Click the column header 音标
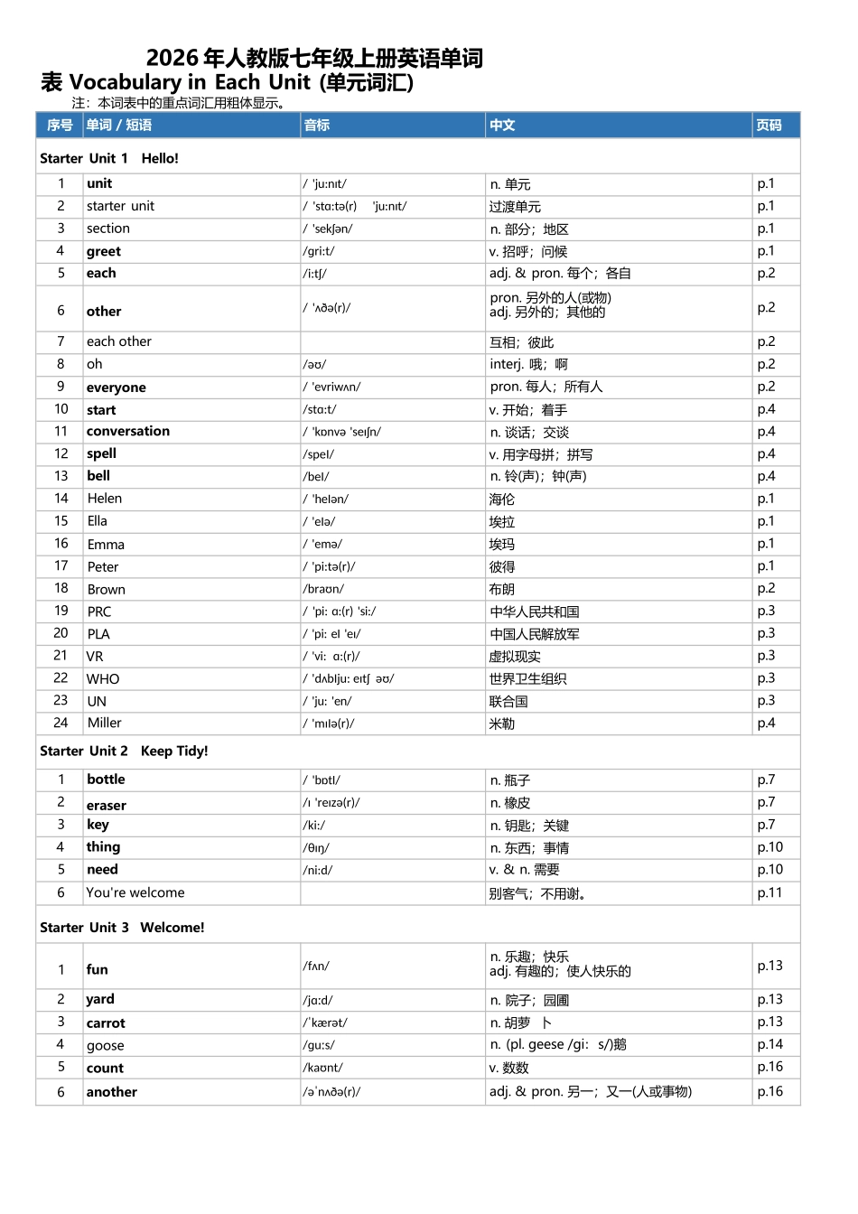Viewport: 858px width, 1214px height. click(317, 126)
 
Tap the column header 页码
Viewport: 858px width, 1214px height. click(769, 126)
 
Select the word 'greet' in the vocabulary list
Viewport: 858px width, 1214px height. click(104, 251)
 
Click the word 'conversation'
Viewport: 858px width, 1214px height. click(128, 431)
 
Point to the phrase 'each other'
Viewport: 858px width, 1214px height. click(119, 341)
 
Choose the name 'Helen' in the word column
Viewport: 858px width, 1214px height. click(105, 499)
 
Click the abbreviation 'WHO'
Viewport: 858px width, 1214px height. click(103, 678)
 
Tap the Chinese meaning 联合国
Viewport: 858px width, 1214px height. click(508, 701)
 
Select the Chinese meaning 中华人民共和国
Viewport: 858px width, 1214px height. click(535, 612)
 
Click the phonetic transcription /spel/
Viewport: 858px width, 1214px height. click(319, 454)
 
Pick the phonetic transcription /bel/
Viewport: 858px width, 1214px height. click(316, 476)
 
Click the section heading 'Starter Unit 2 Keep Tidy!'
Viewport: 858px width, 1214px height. click(124, 751)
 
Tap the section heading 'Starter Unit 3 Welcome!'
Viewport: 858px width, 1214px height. click(122, 928)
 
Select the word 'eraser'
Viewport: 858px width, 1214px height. click(107, 805)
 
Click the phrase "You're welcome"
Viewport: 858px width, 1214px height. click(135, 892)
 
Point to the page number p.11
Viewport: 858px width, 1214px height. click(769, 892)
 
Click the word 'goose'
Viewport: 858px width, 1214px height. click(106, 1045)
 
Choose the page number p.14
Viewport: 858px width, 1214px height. click(769, 1044)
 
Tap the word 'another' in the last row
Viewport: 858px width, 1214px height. click(112, 1091)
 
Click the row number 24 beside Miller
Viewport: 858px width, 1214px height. click(61, 723)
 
